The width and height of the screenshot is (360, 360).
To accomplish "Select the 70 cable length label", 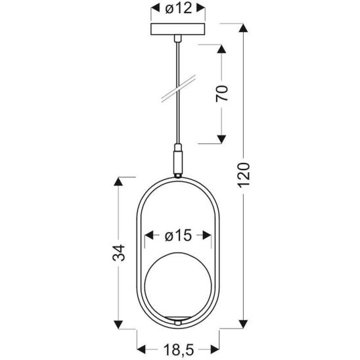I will tap(222, 93).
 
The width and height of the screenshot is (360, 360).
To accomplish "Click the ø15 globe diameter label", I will tap(178, 235).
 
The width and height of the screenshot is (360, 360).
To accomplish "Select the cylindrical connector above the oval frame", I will tap(177, 160).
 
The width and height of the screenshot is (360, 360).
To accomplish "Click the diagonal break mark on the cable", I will tap(177, 90).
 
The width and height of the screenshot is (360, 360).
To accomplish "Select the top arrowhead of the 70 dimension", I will tap(222, 49).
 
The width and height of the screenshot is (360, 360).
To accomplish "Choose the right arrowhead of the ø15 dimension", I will tap(208, 235).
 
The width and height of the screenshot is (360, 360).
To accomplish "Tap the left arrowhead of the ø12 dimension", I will tap(155, 9).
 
